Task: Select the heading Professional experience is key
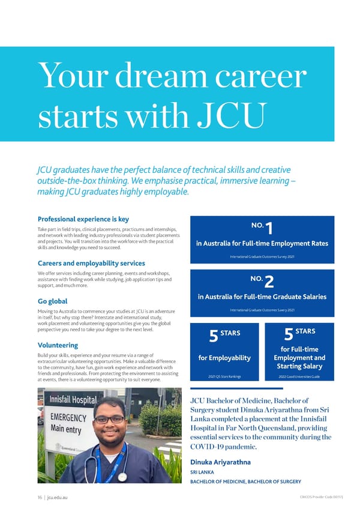tap(83, 219)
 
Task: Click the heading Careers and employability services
tap(92, 263)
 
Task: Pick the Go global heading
tap(52, 301)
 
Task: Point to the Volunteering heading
tap(59, 345)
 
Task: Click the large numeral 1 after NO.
tap(269, 229)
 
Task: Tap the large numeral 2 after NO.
tap(269, 281)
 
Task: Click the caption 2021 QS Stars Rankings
tap(224, 377)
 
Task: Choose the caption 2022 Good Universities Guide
tap(299, 377)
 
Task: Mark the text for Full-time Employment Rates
tap(261, 243)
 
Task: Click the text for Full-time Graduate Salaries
tap(262, 296)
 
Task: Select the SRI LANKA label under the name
tap(202, 472)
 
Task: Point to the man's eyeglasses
tap(109, 419)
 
